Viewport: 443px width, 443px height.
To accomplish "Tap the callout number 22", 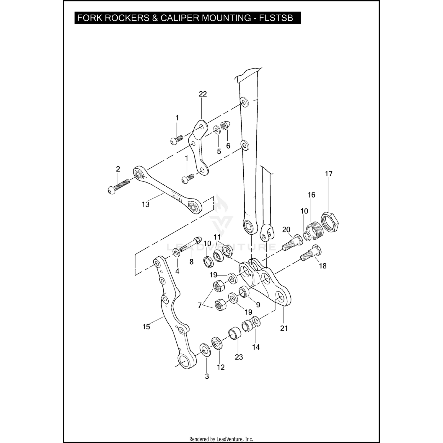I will pyautogui.click(x=203, y=94).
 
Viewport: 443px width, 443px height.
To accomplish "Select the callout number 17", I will pyautogui.click(x=329, y=174).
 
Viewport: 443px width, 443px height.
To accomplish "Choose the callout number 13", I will pyautogui.click(x=146, y=204).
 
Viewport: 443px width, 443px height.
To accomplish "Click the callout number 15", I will pyautogui.click(x=146, y=327).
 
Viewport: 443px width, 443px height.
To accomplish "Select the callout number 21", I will pyautogui.click(x=284, y=328).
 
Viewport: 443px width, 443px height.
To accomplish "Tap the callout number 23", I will pyautogui.click(x=239, y=357).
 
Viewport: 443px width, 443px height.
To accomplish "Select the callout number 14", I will pyautogui.click(x=256, y=347).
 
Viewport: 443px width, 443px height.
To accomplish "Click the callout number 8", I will pyautogui.click(x=191, y=262).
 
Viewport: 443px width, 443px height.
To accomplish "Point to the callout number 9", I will pyautogui.click(x=258, y=305).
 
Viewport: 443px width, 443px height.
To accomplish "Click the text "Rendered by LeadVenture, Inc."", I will pyautogui.click(x=221, y=439).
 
